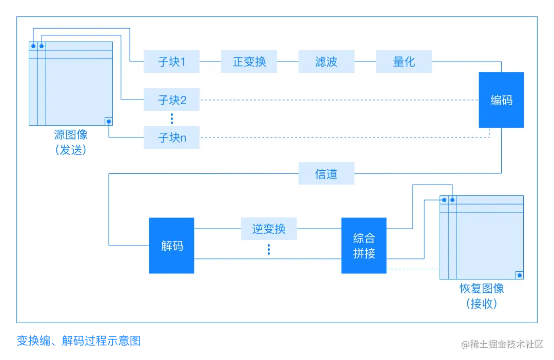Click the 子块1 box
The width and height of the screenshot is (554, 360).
pos(171,62)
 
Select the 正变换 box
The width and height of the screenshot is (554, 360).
pos(249,62)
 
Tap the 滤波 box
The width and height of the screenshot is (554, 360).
pos(326,62)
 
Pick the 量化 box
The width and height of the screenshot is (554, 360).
pos(404,62)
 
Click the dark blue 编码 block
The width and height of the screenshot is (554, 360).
pos(501,100)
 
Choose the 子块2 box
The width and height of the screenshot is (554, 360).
pos(171,100)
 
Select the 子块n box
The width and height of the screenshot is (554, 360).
pos(171,137)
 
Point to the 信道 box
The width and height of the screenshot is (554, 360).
pos(326,174)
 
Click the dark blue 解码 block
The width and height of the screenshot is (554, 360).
pos(171,246)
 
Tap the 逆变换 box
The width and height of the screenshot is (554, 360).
pos(269,228)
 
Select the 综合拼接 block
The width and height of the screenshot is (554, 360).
pos(364,246)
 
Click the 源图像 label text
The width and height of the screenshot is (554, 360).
pos(71,135)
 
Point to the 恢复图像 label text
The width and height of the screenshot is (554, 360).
pos(482,288)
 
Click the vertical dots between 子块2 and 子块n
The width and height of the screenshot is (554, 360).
pos(172,119)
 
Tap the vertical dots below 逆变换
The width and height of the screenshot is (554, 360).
pos(269,250)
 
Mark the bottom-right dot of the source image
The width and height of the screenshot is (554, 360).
pos(108,122)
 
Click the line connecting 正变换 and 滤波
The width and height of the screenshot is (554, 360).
pos(287,62)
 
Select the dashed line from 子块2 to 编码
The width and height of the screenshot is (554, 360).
pos(339,100)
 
